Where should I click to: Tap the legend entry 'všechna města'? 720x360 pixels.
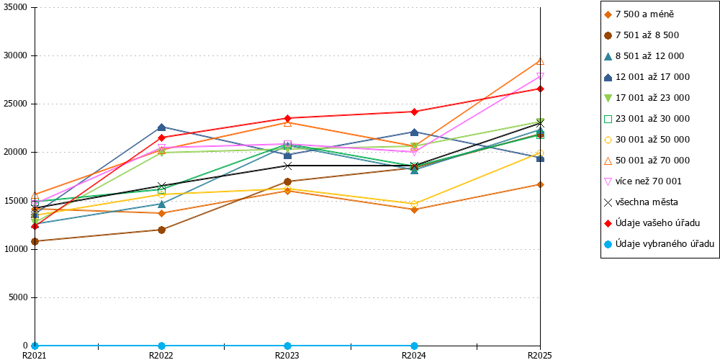pyautogui.click(x=641, y=202)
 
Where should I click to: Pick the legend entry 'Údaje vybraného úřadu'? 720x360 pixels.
pyautogui.click(x=659, y=244)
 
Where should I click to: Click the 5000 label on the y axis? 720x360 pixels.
pyautogui.click(x=18, y=297)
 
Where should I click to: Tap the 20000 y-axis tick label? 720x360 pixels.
pyautogui.click(x=16, y=153)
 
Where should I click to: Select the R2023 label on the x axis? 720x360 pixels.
pyautogui.click(x=287, y=355)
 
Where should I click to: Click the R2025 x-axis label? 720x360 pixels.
pyautogui.click(x=540, y=355)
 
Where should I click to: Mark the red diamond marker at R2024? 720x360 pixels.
pyautogui.click(x=414, y=112)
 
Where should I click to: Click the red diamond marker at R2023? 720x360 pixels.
pyautogui.click(x=287, y=119)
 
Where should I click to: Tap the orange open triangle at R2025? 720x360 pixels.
pyautogui.click(x=541, y=61)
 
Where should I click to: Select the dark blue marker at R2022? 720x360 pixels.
pyautogui.click(x=161, y=127)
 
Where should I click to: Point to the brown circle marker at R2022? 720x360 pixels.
pyautogui.click(x=161, y=230)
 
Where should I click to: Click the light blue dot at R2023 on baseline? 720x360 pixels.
pyautogui.click(x=287, y=346)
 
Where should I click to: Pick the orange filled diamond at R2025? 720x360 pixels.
pyautogui.click(x=541, y=184)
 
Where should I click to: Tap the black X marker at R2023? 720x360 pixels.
pyautogui.click(x=287, y=166)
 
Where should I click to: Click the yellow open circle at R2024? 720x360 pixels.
pyautogui.click(x=414, y=204)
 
